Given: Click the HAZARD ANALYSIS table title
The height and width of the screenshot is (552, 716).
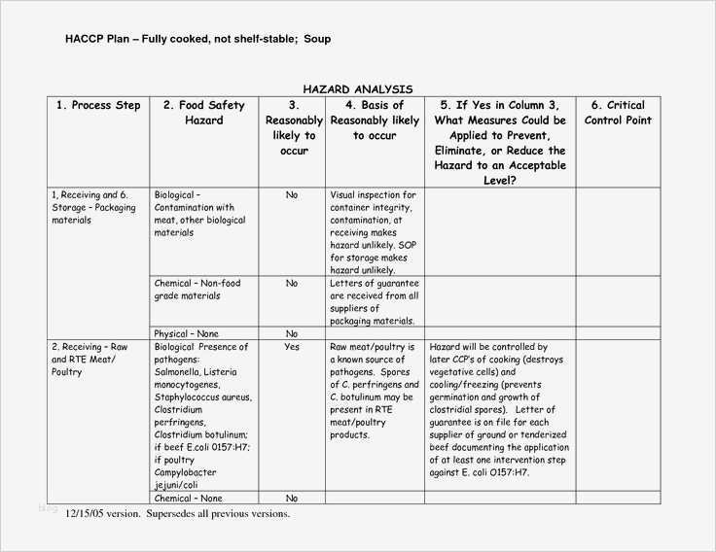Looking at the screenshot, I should point(357,88).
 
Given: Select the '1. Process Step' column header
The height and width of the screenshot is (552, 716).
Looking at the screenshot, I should point(98,105).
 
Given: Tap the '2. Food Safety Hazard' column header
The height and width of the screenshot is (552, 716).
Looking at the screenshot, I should point(204,113).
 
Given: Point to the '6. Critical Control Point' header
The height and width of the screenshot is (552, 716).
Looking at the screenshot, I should point(618,113).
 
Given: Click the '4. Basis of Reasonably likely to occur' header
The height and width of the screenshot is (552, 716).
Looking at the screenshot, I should point(375,121).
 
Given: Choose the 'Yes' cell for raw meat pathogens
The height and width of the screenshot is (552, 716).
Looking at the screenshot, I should point(292,347).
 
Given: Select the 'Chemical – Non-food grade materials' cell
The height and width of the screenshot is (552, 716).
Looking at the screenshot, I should point(197,290).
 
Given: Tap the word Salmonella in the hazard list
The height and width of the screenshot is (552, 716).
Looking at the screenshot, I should point(181,372).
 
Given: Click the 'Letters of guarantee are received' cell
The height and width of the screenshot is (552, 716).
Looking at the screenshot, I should point(375,301).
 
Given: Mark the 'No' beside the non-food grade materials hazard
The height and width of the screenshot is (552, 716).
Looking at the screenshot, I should point(292,284).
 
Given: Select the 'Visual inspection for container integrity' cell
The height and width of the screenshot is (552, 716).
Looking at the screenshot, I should point(375,232).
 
